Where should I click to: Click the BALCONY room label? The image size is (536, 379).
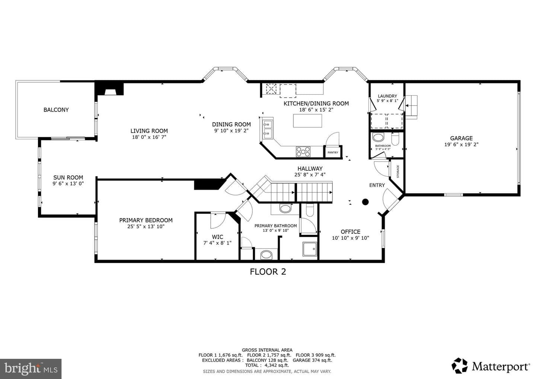(x=56, y=110)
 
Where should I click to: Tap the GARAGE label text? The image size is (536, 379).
(x=461, y=138)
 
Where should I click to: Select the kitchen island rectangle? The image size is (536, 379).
(x=307, y=121)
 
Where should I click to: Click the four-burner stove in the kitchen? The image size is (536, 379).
(x=303, y=152)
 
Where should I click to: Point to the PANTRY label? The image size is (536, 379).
(x=333, y=152)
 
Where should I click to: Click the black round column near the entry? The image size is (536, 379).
(x=365, y=202)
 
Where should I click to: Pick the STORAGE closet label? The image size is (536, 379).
(x=398, y=171)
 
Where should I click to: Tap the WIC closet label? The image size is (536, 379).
(x=217, y=237)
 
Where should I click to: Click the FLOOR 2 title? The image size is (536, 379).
(x=268, y=271)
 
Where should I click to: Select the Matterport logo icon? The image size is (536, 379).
(x=459, y=366)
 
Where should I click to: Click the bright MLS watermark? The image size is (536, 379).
(x=31, y=369)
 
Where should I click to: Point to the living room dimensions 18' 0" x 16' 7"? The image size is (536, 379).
(x=149, y=137)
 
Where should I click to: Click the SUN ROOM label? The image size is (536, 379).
(x=68, y=178)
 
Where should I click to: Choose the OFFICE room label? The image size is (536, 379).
(x=351, y=232)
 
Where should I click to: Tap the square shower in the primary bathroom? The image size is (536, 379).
(x=310, y=249)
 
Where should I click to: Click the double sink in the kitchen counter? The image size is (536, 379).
(x=268, y=128)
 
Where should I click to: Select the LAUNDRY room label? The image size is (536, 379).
(x=387, y=96)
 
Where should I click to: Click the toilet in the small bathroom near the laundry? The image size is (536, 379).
(x=395, y=139)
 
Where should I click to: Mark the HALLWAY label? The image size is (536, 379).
(x=310, y=168)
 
